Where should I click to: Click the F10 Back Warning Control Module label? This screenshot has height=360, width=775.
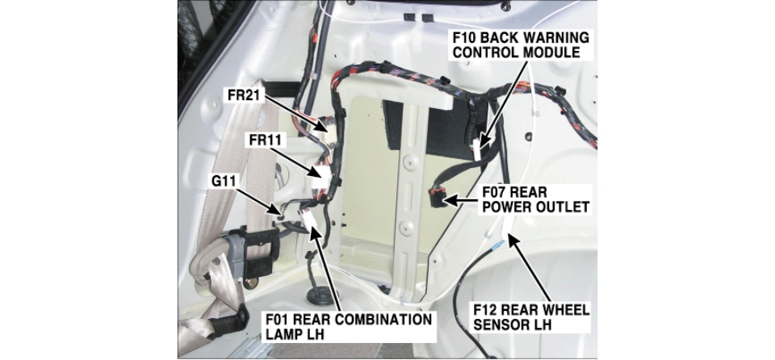point(521,45)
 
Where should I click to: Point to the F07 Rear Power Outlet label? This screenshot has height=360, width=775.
point(536,199)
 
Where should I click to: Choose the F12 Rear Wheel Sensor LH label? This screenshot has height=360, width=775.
point(531,317)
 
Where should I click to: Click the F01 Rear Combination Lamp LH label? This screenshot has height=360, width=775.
point(349,326)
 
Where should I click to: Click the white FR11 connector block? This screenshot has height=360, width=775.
point(320,177)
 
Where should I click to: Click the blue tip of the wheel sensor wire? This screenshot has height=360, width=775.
point(501,243)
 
